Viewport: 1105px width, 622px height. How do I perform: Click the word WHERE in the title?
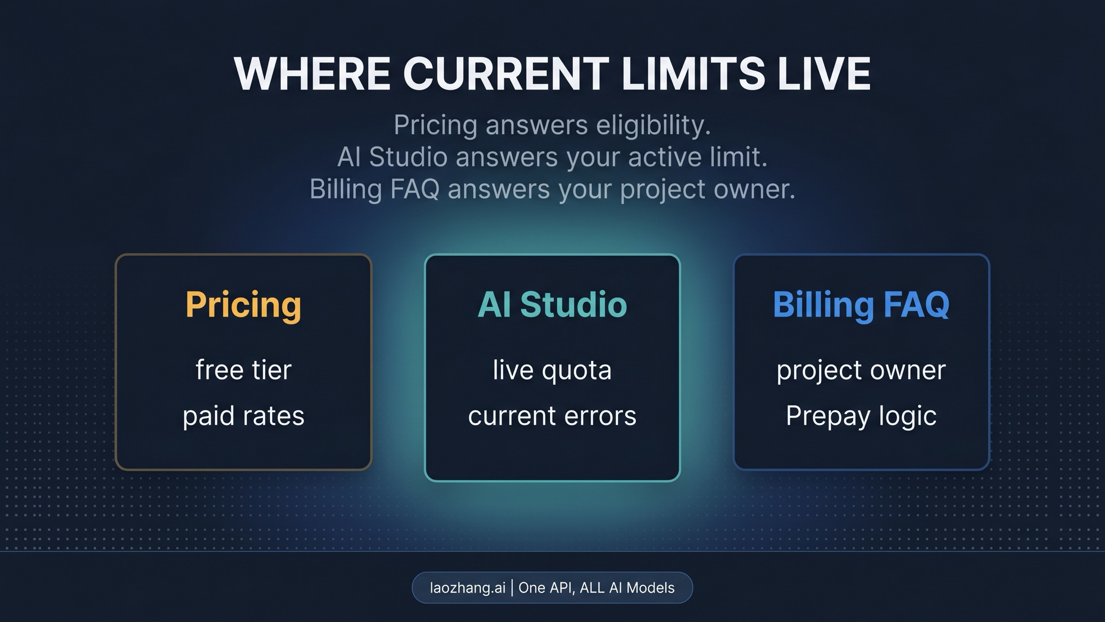click(x=312, y=74)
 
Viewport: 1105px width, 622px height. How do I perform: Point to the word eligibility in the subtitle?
click(x=653, y=125)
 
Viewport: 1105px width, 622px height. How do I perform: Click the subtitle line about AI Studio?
click(x=552, y=157)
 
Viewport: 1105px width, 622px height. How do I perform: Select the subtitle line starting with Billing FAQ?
click(x=552, y=189)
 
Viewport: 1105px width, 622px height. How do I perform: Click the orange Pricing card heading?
click(x=244, y=305)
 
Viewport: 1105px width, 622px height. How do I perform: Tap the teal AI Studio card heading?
click(x=552, y=305)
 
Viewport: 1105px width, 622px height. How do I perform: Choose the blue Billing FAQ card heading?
click(x=861, y=305)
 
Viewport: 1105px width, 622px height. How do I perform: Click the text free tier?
click(x=244, y=370)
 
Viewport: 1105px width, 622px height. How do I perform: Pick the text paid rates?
click(x=244, y=416)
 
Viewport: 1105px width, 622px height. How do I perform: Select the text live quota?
click(x=552, y=370)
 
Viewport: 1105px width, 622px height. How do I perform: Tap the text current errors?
click(x=552, y=416)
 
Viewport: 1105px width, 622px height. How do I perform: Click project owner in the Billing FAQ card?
click(x=861, y=370)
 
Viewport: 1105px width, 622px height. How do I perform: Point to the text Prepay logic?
click(x=861, y=416)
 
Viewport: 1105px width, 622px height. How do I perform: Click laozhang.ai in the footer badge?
click(x=467, y=588)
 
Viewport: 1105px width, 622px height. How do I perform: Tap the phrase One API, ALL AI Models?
click(x=596, y=588)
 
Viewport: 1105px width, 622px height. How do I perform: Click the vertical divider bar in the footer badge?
click(x=512, y=588)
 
